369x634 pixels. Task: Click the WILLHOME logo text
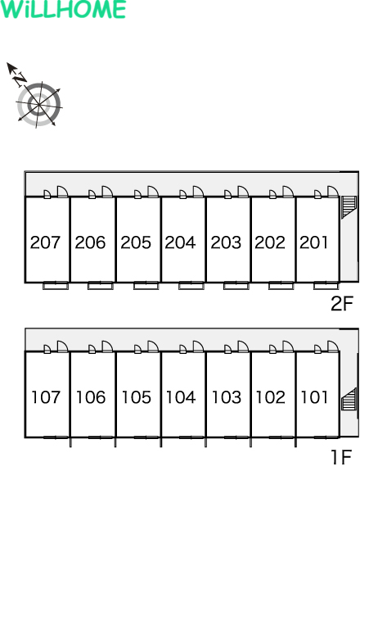pyautogui.click(x=63, y=9)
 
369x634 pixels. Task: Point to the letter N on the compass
pyautogui.click(x=19, y=79)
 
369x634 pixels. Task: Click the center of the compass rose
pyautogui.click(x=39, y=105)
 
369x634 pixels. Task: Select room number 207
pyautogui.click(x=45, y=242)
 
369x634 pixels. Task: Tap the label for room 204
pyautogui.click(x=180, y=242)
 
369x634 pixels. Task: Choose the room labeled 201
pyautogui.click(x=313, y=242)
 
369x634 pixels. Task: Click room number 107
pyautogui.click(x=46, y=397)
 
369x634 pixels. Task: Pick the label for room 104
pyautogui.click(x=181, y=397)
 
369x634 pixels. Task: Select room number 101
pyautogui.click(x=314, y=397)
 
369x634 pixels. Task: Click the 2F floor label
pyautogui.click(x=342, y=304)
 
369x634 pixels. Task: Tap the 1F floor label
pyautogui.click(x=341, y=457)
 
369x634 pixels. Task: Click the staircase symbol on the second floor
pyautogui.click(x=349, y=206)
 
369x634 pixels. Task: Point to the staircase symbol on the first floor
pyautogui.click(x=349, y=399)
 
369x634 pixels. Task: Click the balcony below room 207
pyautogui.click(x=56, y=286)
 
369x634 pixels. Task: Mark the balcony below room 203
pyautogui.click(x=236, y=286)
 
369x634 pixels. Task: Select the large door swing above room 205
pyautogui.click(x=153, y=192)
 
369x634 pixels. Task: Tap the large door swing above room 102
pyautogui.click(x=288, y=346)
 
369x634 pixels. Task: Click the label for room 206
pyautogui.click(x=90, y=242)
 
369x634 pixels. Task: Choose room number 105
pyautogui.click(x=137, y=397)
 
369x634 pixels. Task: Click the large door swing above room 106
pyautogui.click(x=107, y=346)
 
